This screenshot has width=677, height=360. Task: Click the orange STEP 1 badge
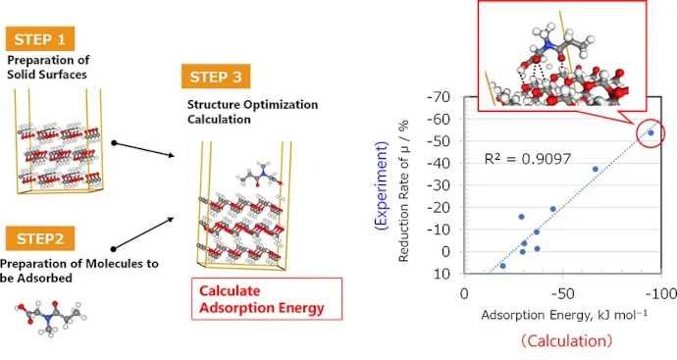click(x=40, y=39)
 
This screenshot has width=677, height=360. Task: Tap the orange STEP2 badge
click(x=40, y=238)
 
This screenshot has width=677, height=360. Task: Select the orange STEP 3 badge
click(x=216, y=77)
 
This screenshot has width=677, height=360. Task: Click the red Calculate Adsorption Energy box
click(x=267, y=299)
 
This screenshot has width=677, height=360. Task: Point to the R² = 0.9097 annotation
click(x=528, y=159)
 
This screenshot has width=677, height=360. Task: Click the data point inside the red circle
click(x=651, y=133)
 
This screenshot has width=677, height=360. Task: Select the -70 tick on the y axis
click(x=439, y=97)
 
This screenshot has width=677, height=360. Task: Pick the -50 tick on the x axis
click(x=562, y=294)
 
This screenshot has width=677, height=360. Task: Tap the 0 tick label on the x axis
click(x=464, y=294)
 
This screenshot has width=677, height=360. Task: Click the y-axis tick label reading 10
click(x=443, y=274)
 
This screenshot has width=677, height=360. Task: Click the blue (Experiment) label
click(x=382, y=185)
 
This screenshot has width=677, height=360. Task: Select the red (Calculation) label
click(x=566, y=341)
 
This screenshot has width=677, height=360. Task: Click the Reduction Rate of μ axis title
click(x=403, y=191)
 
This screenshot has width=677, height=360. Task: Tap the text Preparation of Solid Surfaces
click(x=48, y=67)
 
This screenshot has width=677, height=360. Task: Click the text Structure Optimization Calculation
click(x=252, y=112)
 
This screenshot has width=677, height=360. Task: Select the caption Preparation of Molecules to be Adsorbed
click(x=79, y=271)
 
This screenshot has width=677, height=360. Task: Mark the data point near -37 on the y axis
click(x=596, y=169)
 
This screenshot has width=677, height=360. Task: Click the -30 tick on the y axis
click(x=439, y=185)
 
